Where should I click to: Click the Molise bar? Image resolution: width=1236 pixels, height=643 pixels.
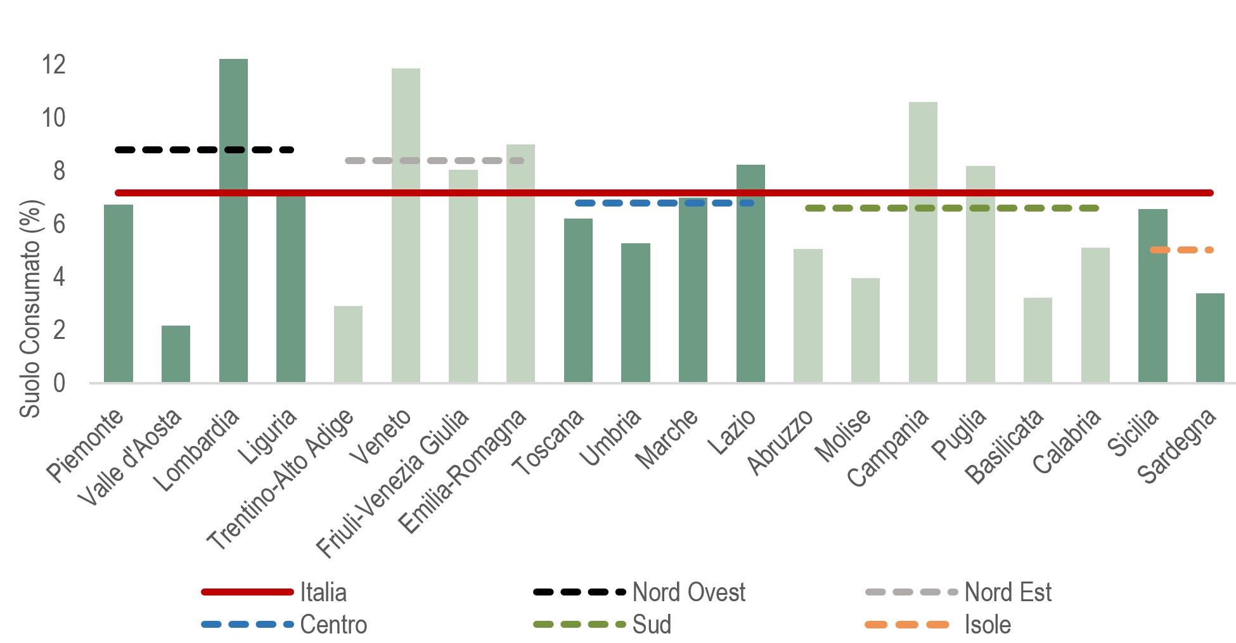[x=865, y=330]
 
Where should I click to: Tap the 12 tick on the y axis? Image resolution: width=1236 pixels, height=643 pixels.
[x=53, y=64]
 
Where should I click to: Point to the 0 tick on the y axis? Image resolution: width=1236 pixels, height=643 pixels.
[x=59, y=383]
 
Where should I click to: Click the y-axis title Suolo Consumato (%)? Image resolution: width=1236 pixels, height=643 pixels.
[x=30, y=309]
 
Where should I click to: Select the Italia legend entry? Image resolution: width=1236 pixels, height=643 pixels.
[x=323, y=592]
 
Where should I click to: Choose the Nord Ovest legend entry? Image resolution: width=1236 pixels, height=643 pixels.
[x=688, y=592]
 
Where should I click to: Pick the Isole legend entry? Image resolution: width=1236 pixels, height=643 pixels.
[x=987, y=625]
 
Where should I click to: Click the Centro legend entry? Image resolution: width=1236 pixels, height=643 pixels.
[x=333, y=625]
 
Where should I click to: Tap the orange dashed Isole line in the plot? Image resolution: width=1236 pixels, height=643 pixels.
[x=1181, y=250]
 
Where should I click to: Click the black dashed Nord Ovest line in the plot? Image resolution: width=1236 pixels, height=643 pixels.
[x=204, y=150]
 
